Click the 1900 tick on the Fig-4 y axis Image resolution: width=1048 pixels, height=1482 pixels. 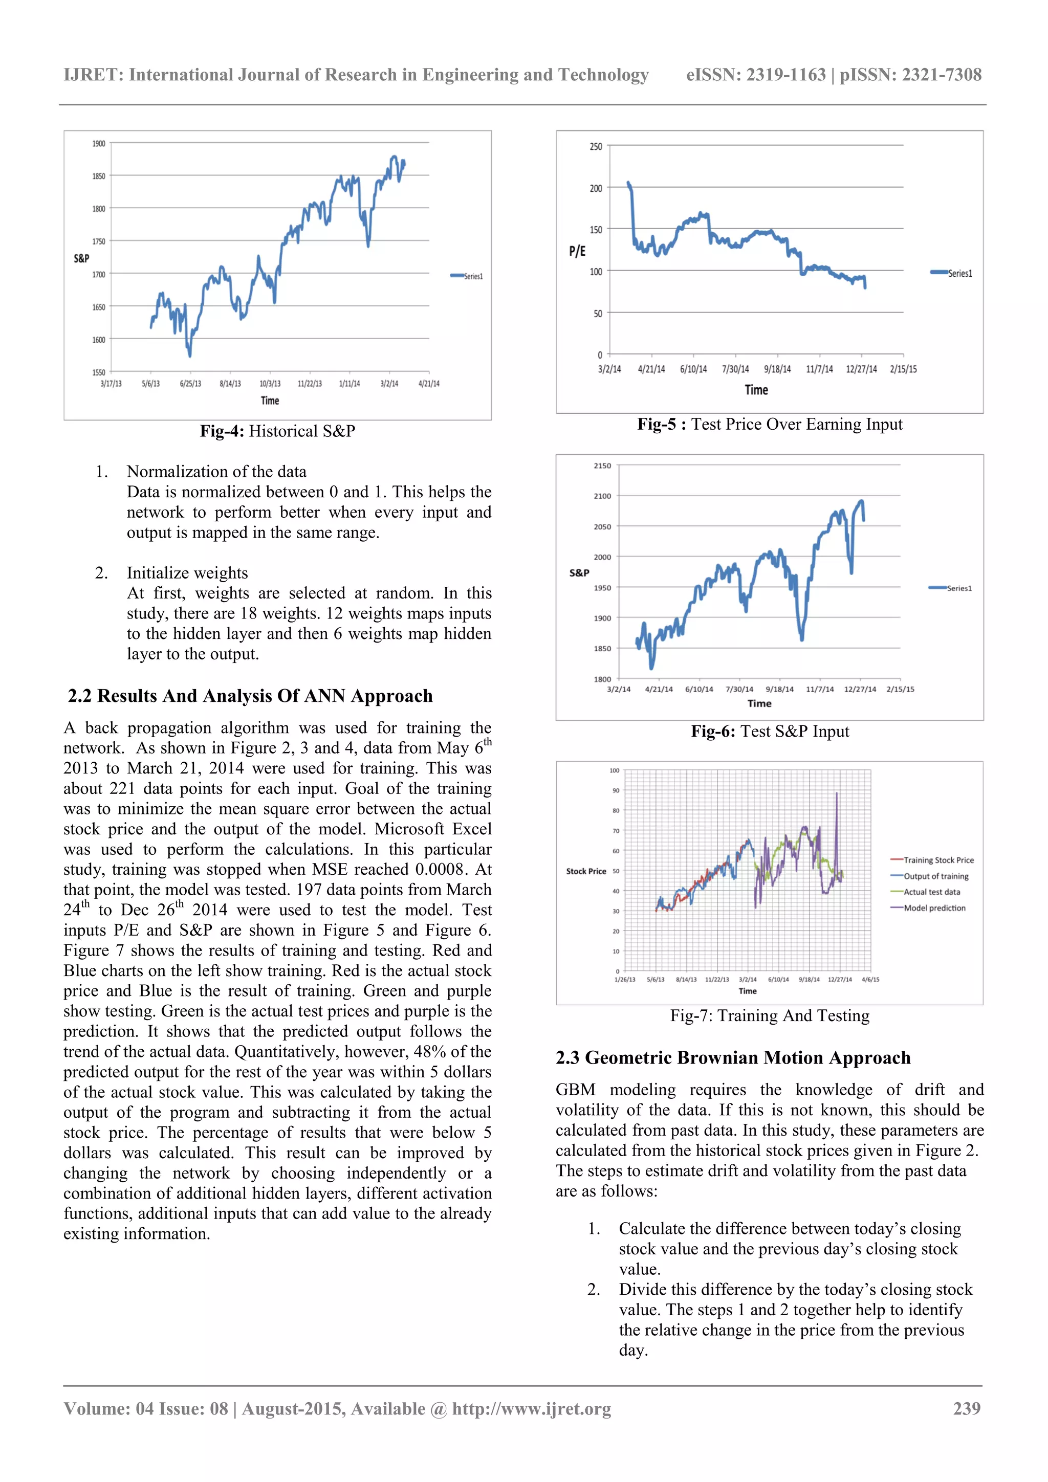(x=98, y=143)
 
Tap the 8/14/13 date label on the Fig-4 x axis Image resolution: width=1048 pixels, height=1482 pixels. (x=230, y=383)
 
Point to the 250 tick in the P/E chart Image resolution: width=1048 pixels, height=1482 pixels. (x=595, y=146)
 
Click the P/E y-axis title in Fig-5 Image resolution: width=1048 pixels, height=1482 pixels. (x=577, y=251)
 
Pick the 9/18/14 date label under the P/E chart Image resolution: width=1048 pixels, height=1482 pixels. (x=777, y=369)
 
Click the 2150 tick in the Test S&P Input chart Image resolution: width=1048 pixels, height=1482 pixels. (x=602, y=466)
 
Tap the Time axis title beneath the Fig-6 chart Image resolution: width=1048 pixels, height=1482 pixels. (x=759, y=703)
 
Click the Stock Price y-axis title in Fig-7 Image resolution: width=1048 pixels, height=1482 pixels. (x=586, y=871)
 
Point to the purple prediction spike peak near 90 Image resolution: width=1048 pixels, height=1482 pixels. (x=837, y=793)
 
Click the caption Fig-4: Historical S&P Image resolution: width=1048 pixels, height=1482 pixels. (x=278, y=431)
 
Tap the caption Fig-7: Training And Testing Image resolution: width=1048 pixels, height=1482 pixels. (x=770, y=1015)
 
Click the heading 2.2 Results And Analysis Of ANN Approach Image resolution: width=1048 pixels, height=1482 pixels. (x=250, y=696)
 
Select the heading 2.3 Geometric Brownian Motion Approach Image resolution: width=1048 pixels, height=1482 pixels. (x=733, y=1057)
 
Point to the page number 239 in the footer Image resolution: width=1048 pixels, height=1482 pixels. (x=967, y=1408)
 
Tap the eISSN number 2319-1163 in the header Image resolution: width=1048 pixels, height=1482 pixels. (x=786, y=75)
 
